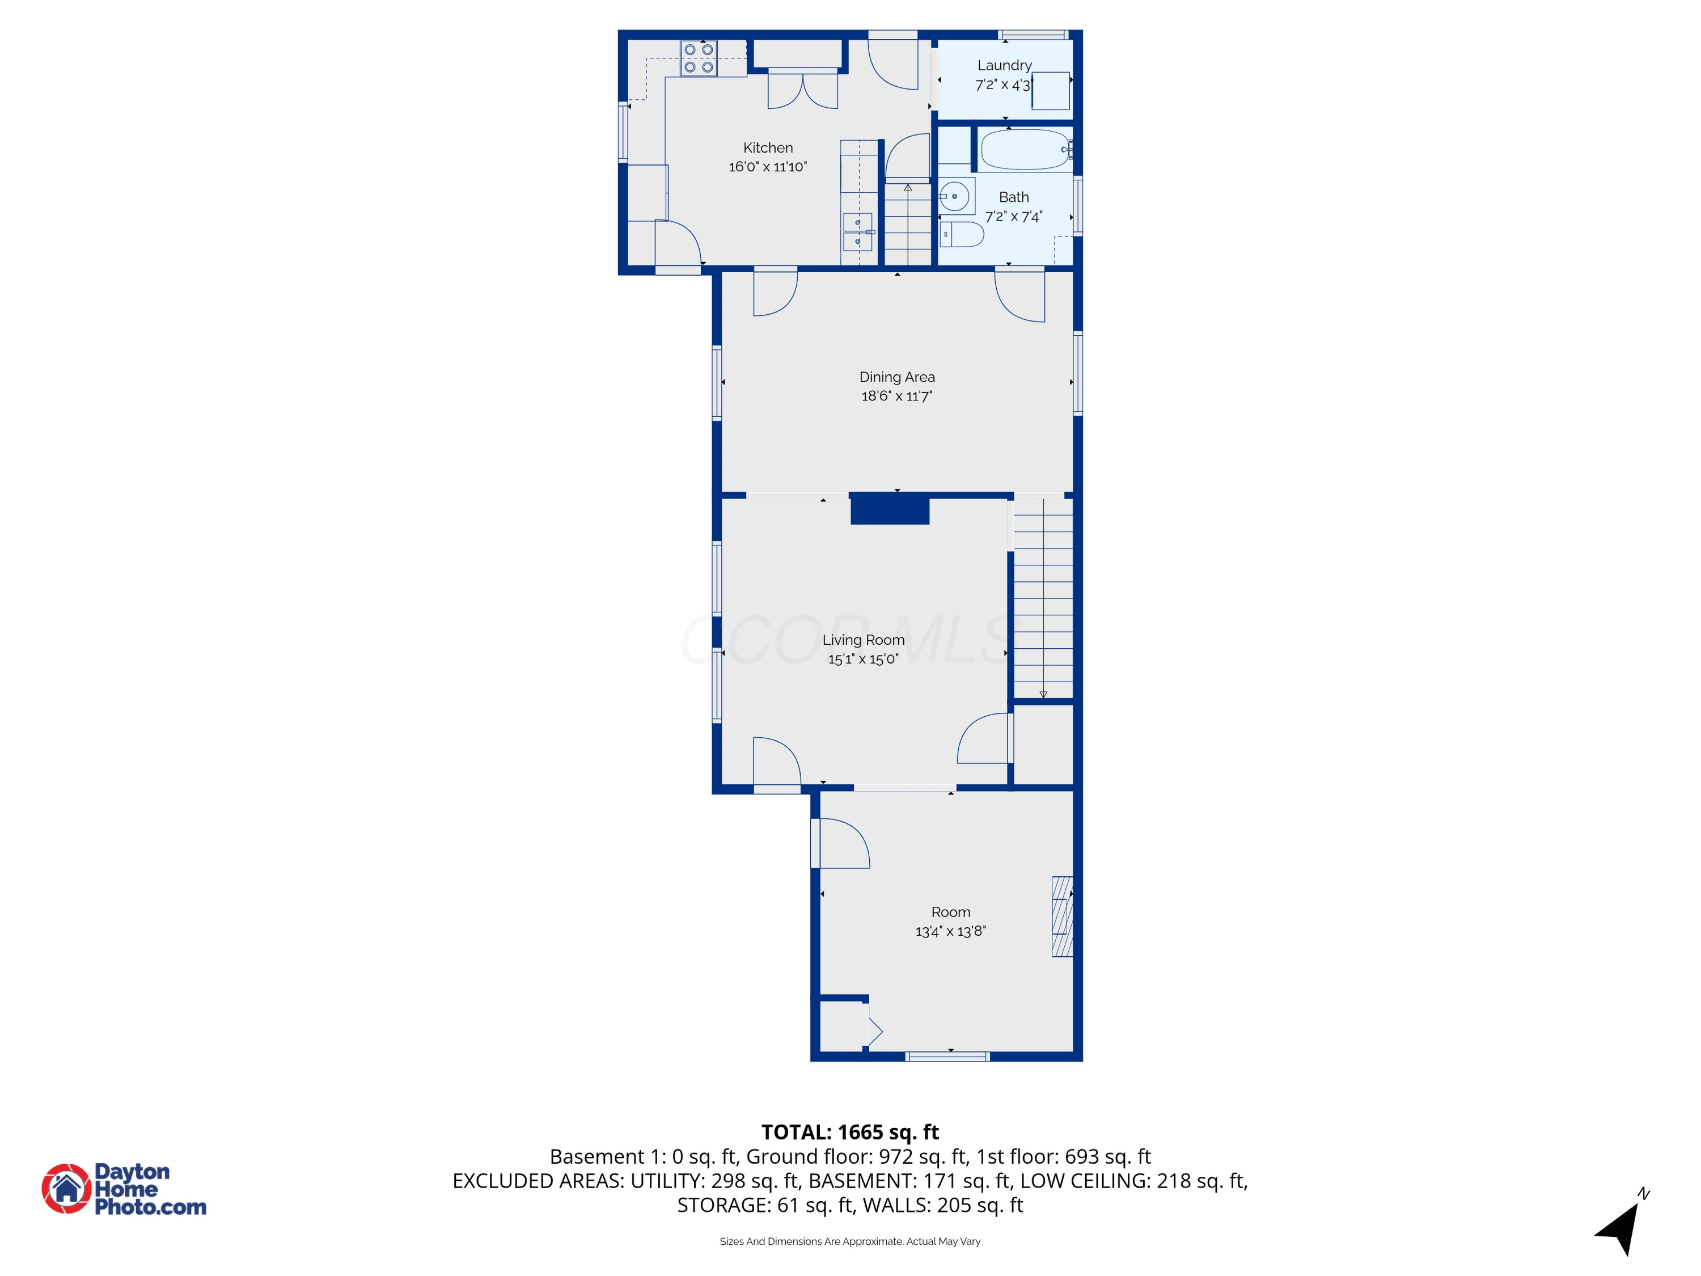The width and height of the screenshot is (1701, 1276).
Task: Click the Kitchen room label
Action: pos(768,147)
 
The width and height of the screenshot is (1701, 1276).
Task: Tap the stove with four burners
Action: pos(698,58)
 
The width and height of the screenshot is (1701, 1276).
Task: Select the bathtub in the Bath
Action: pos(1026,149)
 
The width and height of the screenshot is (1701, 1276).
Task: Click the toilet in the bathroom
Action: pos(961,235)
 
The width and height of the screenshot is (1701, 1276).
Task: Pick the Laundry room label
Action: pos(1004,65)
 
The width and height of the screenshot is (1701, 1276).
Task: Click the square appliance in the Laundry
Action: pos(1051,91)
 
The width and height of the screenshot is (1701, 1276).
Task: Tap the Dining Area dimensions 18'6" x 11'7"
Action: pos(896,396)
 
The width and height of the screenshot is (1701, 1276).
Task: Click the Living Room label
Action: pos(864,640)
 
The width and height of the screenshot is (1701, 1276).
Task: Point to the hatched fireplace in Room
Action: pos(1062,917)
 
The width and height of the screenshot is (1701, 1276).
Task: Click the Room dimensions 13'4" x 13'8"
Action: pos(950,931)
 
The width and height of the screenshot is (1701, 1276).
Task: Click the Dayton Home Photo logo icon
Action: pos(67,1188)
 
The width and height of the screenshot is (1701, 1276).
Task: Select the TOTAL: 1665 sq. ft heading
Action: pos(850,1132)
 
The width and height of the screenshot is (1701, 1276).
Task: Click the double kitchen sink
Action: pos(857,231)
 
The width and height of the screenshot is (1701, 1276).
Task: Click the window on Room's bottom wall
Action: pos(947,1057)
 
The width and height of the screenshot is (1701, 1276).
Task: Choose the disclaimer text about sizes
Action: pos(850,1241)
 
